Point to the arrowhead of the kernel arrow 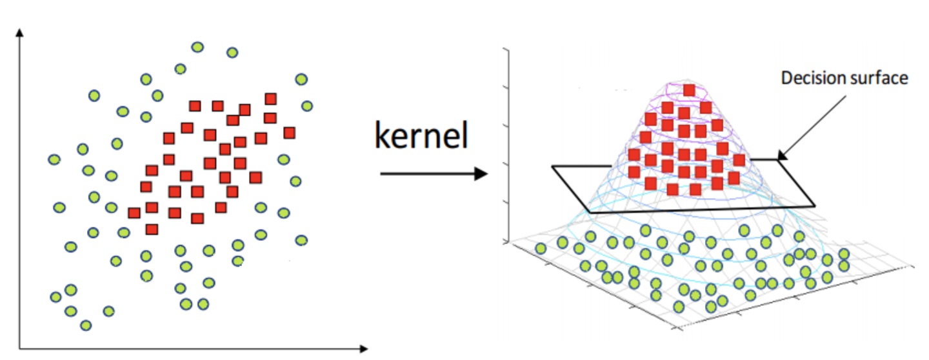[481, 174]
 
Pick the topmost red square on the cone [689, 90]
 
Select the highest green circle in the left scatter [197, 46]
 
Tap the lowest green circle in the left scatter [86, 325]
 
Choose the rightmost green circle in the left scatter [307, 106]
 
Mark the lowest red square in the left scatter [152, 229]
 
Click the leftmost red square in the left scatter [134, 212]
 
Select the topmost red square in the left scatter [271, 98]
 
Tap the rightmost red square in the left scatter [289, 132]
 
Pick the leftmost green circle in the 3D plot [541, 248]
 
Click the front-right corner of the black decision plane [814, 206]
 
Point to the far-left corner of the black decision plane [553, 166]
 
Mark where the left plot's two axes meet [21, 349]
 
